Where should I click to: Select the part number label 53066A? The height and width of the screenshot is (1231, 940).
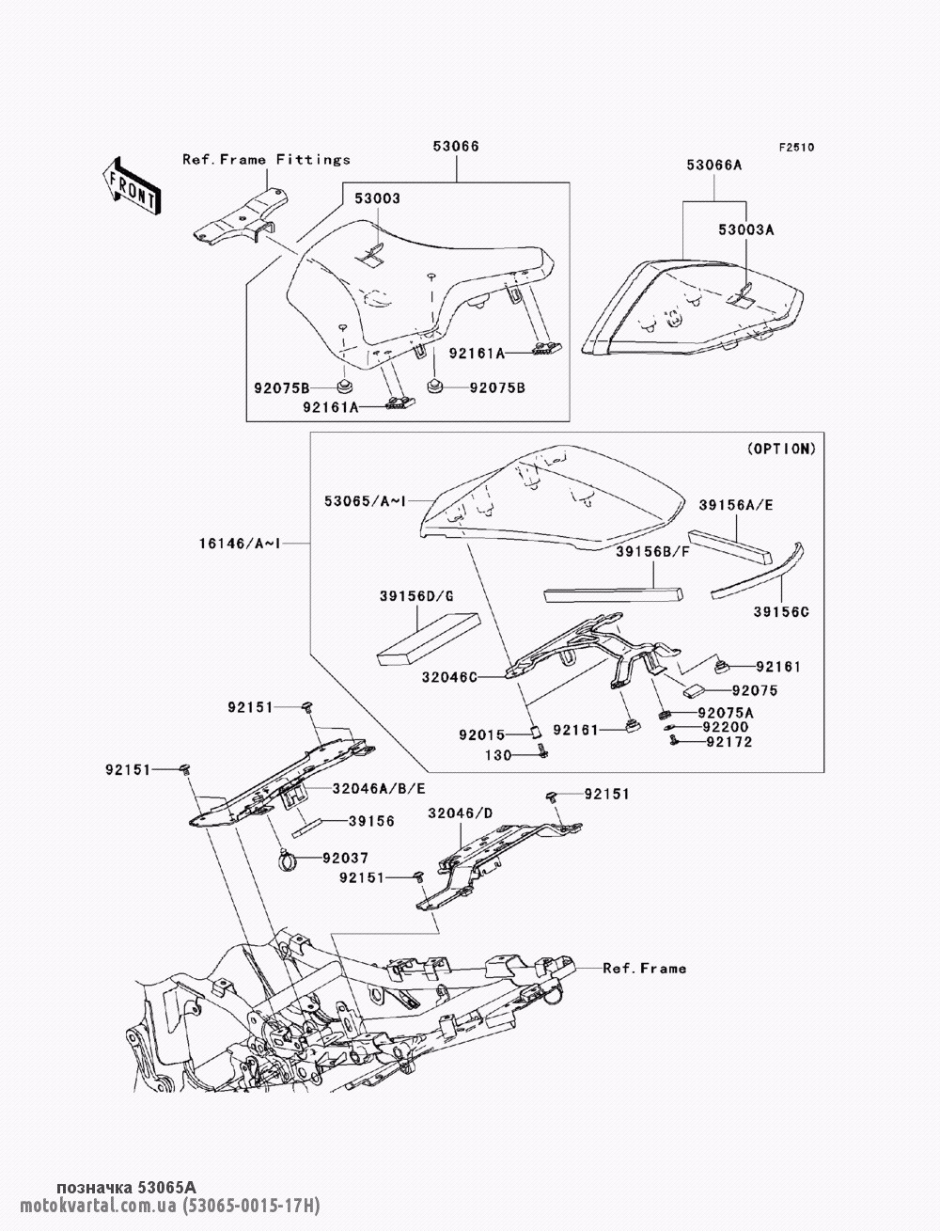click(x=714, y=165)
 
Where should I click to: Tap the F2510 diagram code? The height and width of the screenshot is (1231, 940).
click(x=796, y=148)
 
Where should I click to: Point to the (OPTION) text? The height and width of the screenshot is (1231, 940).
click(x=782, y=449)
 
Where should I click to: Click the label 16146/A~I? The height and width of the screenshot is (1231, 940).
click(x=240, y=543)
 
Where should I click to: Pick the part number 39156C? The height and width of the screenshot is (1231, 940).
click(x=781, y=612)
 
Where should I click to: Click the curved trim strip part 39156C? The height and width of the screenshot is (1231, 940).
click(x=758, y=571)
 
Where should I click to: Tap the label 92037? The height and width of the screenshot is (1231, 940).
click(x=345, y=858)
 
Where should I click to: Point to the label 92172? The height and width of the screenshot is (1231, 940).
click(x=729, y=742)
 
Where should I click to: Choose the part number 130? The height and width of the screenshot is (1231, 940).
click(x=498, y=755)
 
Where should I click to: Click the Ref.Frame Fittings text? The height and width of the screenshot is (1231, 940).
click(x=266, y=160)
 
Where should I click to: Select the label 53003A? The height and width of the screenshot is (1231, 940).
click(x=746, y=229)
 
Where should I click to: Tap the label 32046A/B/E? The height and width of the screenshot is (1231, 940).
click(x=379, y=788)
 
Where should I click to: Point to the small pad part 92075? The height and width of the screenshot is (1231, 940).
click(x=694, y=691)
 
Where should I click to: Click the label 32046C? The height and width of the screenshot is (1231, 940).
click(x=449, y=677)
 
